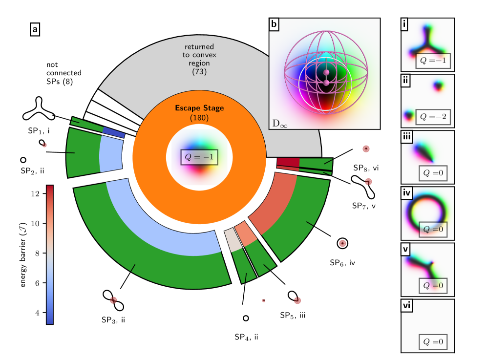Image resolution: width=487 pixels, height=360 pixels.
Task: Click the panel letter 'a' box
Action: (35, 30)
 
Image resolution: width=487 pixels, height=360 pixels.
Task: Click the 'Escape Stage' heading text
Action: (199, 108)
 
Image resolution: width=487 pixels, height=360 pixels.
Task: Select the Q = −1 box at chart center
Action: (199, 157)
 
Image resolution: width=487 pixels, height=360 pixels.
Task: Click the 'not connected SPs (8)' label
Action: (64, 73)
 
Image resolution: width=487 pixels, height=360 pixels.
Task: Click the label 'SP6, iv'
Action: (341, 263)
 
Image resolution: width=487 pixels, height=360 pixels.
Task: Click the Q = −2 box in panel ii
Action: (432, 117)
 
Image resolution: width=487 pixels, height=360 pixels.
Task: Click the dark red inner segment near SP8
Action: (288, 162)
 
